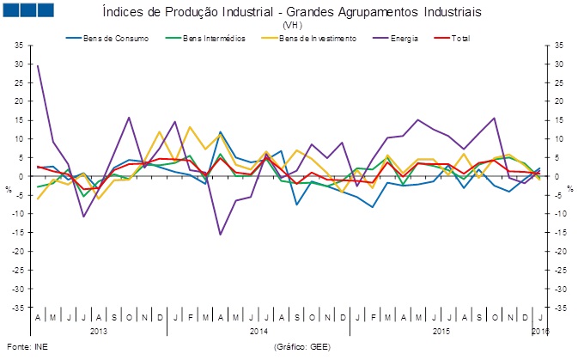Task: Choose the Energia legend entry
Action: point(406,38)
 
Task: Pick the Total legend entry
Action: point(460,38)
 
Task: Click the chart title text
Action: point(292,13)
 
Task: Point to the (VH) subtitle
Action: point(292,26)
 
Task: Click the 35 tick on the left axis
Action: point(19,46)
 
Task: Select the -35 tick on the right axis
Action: point(558,307)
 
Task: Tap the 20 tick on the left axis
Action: point(19,101)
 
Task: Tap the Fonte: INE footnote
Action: point(23,347)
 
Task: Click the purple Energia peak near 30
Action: point(38,65)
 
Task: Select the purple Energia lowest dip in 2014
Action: point(221,234)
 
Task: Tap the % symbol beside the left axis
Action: point(7,188)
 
